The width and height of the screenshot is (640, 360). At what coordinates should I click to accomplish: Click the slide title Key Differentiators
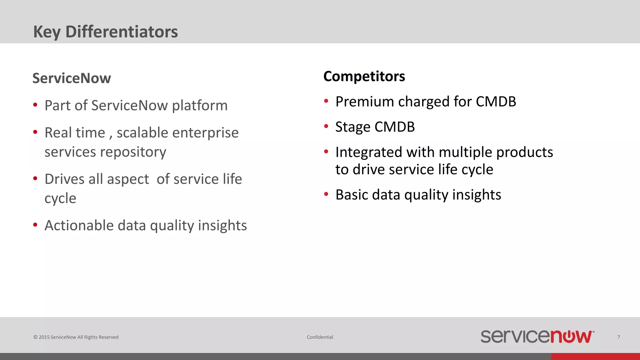tap(106, 32)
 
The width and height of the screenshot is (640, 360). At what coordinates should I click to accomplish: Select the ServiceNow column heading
tap(72, 78)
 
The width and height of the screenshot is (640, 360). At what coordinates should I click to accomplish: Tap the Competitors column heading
tap(364, 76)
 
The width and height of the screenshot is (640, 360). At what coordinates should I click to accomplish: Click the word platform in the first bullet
tap(200, 106)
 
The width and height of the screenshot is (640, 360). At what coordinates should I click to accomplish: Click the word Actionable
tap(79, 226)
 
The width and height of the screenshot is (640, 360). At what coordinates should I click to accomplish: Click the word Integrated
tap(368, 152)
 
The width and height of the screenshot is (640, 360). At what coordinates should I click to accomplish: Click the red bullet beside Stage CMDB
tap(326, 126)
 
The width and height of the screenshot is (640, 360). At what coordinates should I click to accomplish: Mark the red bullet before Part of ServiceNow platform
tap(35, 105)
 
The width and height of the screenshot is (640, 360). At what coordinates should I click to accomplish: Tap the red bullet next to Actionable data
tap(35, 225)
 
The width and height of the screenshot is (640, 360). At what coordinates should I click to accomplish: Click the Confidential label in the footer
tap(320, 337)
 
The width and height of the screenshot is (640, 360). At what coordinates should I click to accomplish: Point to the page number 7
tap(618, 337)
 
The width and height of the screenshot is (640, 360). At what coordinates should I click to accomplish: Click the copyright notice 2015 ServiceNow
tap(76, 337)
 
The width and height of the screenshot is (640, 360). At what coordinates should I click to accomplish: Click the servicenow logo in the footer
tap(537, 337)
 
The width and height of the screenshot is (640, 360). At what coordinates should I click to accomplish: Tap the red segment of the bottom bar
tap(595, 357)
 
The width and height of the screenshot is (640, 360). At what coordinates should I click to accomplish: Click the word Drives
tap(64, 179)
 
